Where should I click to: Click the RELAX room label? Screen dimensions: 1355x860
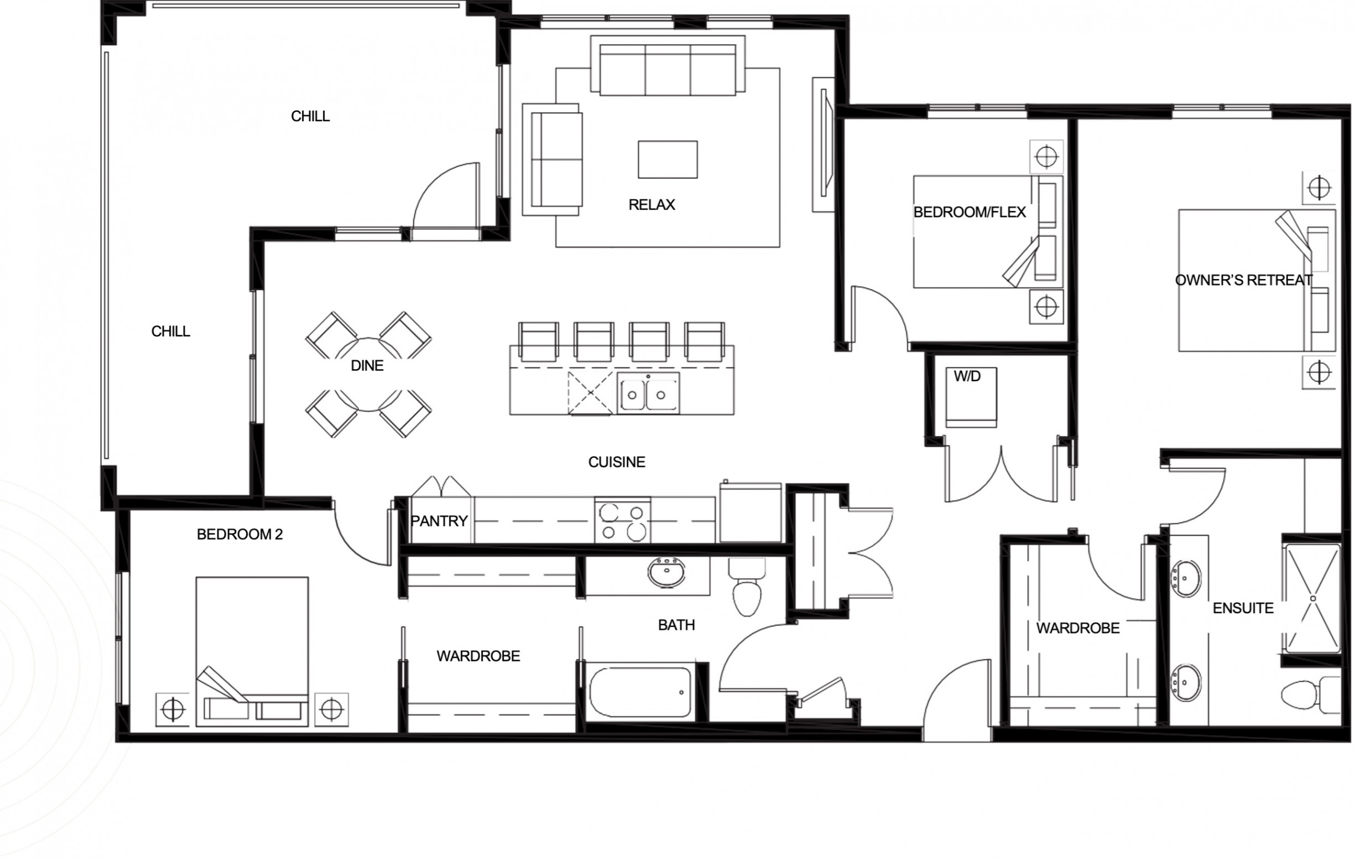point(652,204)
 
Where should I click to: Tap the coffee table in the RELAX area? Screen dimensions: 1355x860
point(668,159)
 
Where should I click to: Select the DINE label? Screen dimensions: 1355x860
point(367,365)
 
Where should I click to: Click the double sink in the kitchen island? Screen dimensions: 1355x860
point(648,393)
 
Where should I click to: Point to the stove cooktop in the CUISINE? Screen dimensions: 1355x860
point(622,520)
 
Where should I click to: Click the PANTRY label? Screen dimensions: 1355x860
point(439,521)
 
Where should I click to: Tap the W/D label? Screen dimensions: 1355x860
point(967,376)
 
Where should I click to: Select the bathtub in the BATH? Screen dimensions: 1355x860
point(640,692)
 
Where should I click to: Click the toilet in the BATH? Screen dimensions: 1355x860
point(747,586)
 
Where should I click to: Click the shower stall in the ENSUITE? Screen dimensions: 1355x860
point(1312,599)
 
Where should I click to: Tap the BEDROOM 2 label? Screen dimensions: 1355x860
point(239,535)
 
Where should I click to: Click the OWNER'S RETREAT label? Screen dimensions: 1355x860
point(1244,280)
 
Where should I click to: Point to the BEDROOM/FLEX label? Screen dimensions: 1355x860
point(970,213)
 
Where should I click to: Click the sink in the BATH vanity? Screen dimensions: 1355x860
point(666,573)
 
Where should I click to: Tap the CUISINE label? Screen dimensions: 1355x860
point(617,463)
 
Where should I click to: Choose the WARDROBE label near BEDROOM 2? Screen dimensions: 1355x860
point(478,656)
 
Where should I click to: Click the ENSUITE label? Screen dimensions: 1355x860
point(1243,608)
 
